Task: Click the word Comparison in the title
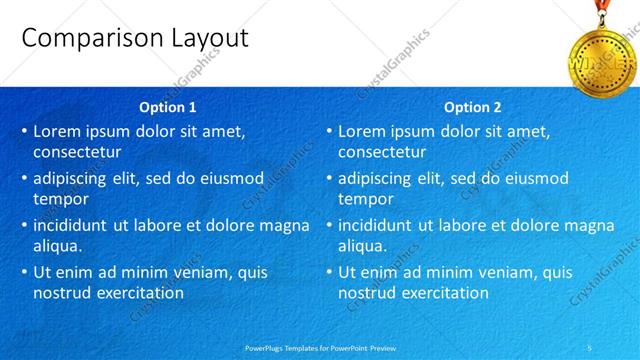tap(82, 40)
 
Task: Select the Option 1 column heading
tap(167, 107)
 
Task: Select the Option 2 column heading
tap(472, 107)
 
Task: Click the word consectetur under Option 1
tap(78, 153)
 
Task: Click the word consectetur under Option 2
tap(382, 153)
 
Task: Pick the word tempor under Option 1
tap(61, 200)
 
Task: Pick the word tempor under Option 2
tap(365, 200)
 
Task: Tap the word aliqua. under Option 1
tap(58, 246)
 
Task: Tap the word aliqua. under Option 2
tap(362, 246)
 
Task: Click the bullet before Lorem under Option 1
tap(24, 131)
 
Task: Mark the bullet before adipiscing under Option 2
tap(329, 178)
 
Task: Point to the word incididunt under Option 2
tap(379, 225)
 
